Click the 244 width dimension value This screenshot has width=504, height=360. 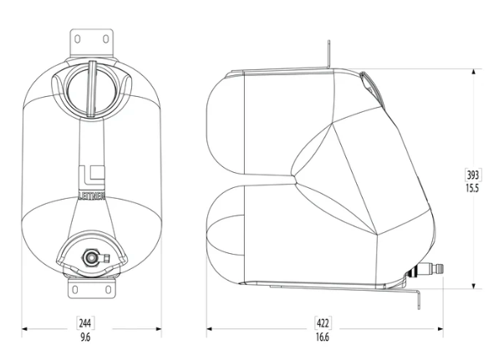pos(85,322)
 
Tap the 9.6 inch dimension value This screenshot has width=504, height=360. pos(85,337)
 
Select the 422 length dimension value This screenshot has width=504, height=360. pos(323,322)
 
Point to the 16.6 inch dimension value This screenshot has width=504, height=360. pos(323,337)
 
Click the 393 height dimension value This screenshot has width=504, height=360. pos(473,175)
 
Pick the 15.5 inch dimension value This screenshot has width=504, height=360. pos(472,188)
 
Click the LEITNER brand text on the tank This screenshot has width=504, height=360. pos(92,196)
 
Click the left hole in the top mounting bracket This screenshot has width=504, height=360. pos(78,39)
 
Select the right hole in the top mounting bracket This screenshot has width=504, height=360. pos(105,39)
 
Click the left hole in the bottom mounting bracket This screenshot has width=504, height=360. pos(75,290)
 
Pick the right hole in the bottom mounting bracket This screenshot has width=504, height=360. pos(109,290)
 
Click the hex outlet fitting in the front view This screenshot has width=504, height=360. pos(89,257)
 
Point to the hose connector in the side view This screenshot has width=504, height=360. pos(427,269)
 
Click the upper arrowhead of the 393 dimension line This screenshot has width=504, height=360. pos(473,72)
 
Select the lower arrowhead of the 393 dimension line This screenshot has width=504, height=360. pos(473,286)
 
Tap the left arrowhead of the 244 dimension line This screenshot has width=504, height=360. pos(25,329)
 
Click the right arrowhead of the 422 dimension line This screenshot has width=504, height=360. pos(440,329)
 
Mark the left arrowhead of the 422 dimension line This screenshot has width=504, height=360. pos(210,329)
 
